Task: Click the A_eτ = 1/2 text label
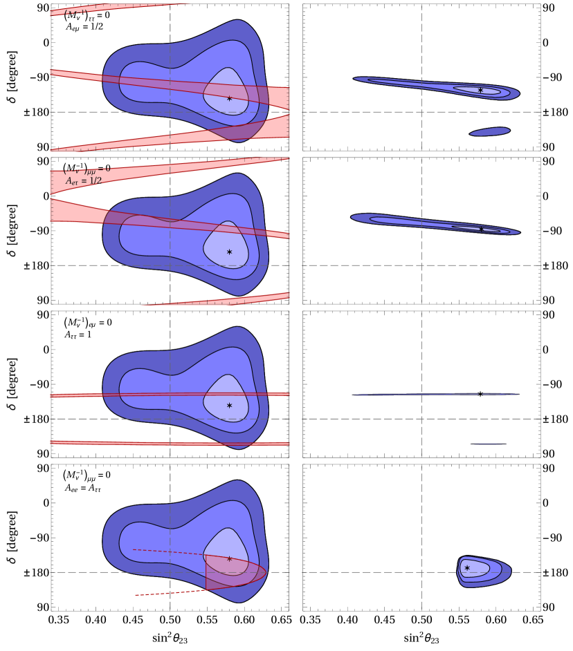tap(84, 181)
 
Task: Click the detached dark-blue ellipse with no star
tap(490, 131)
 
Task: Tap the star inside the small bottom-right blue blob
tap(467, 568)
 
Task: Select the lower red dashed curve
tap(166, 593)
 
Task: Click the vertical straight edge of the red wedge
tap(206, 572)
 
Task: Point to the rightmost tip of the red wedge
tap(267, 572)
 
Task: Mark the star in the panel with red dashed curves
tap(229, 559)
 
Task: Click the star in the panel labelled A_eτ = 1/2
tap(229, 252)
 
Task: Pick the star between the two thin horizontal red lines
tap(229, 406)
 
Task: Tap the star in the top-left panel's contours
tap(229, 99)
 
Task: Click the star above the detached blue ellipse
tap(480, 91)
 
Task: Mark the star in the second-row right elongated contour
tap(481, 229)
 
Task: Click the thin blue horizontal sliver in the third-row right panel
tap(436, 394)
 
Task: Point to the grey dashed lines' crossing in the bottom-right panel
tap(421, 572)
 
